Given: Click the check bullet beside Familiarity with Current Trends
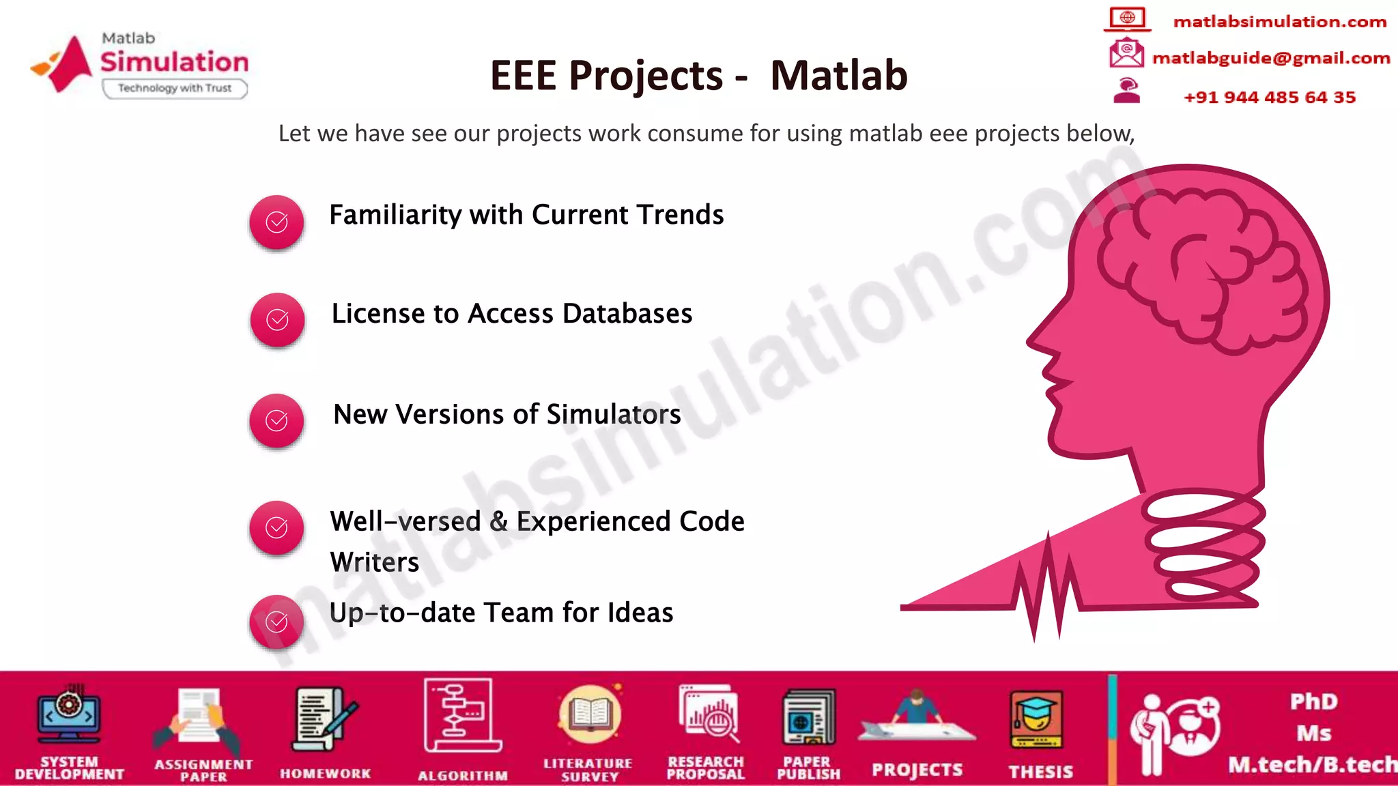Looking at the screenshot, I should click(x=276, y=222).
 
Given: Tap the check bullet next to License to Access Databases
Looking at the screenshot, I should click(x=277, y=320).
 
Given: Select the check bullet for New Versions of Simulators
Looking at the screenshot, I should click(x=276, y=420).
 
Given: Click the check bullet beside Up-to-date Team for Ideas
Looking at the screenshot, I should click(x=276, y=622).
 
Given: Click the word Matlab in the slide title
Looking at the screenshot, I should click(x=838, y=75).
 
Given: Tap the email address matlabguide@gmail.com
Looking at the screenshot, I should click(x=1270, y=58).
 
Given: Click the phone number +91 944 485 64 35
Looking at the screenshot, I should click(x=1269, y=97).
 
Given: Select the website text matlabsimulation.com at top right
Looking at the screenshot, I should click(x=1279, y=22).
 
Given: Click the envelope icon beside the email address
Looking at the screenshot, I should click(x=1126, y=53).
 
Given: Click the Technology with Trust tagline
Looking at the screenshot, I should click(x=175, y=88).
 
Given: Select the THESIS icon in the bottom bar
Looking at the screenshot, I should click(x=1037, y=720).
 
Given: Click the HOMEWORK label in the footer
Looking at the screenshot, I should click(x=325, y=774).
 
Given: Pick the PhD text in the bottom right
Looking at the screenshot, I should click(x=1313, y=701).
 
